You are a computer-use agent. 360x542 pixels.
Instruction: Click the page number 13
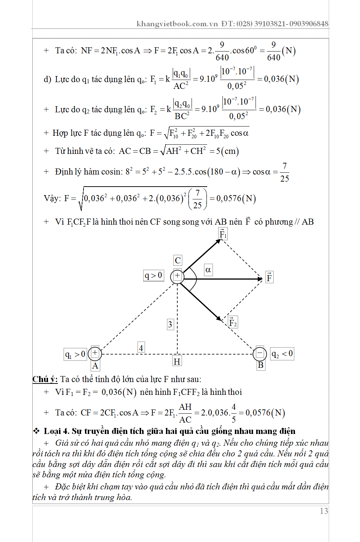324,511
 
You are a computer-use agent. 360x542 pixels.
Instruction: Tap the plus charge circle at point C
177,276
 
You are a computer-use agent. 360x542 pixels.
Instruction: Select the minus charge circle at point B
259,354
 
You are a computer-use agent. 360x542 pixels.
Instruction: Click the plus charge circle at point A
95,353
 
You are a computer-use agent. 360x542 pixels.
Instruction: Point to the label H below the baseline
177,362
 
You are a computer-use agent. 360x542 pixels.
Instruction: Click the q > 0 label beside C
154,275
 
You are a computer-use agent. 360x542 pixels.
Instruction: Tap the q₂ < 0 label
282,354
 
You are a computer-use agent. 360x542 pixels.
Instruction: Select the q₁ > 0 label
75,354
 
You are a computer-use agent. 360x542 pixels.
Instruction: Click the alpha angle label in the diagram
208,270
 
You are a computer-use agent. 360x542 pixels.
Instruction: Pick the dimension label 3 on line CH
170,324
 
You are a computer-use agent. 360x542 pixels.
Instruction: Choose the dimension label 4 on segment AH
141,348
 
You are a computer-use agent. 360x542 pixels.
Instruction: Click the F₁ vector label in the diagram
223,234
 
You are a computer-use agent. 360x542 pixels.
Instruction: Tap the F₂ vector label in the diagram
232,322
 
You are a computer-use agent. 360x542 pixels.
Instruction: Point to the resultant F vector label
269,277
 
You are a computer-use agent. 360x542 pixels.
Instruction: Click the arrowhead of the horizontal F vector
260,279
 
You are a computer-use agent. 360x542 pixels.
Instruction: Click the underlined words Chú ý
45,379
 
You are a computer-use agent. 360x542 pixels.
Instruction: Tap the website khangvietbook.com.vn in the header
177,24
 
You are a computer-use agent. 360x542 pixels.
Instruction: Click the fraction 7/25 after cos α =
284,172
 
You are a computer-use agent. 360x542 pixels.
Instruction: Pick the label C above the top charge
178,261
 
